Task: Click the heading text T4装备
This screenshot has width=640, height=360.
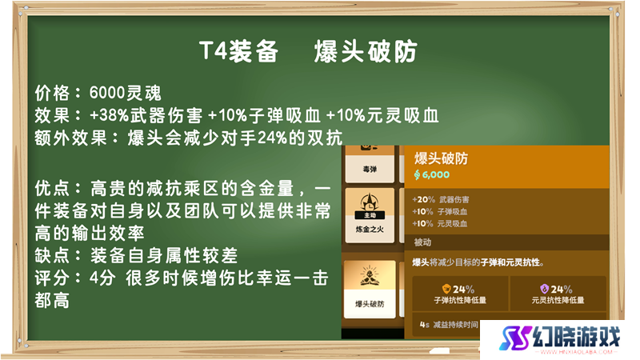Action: [238, 51]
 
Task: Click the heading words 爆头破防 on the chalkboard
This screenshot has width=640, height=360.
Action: [366, 51]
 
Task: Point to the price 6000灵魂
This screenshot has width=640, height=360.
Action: [126, 93]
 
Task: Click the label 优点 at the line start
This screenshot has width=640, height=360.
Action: [52, 189]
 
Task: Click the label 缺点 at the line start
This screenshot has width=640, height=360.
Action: [52, 256]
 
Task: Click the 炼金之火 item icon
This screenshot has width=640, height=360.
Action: [370, 203]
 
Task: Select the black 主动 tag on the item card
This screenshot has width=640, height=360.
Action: [370, 215]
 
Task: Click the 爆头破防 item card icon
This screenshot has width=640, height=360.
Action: [370, 275]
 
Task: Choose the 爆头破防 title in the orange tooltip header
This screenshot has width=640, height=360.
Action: [442, 158]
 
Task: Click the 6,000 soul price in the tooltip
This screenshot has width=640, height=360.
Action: [431, 174]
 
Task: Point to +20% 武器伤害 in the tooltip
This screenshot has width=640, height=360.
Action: [441, 199]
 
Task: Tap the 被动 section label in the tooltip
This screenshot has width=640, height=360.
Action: [422, 242]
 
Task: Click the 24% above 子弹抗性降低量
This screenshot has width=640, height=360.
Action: [458, 290]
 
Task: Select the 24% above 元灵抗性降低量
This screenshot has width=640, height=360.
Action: [557, 290]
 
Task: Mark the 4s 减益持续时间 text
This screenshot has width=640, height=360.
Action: [449, 325]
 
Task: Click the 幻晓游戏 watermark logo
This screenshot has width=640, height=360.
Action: [560, 338]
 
